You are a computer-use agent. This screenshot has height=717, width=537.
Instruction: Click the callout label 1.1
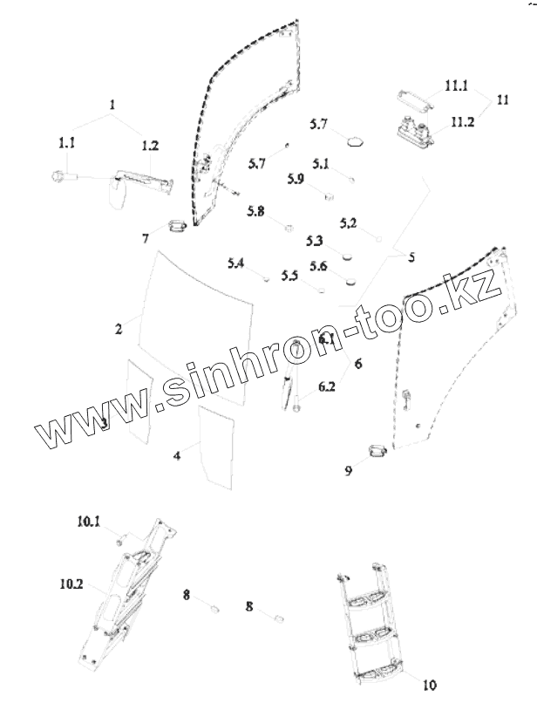click(x=66, y=143)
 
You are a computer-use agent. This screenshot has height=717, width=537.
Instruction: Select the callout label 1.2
click(x=150, y=146)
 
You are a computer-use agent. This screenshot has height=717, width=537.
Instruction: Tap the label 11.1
click(x=456, y=85)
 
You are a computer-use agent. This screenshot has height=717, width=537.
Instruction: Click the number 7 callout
click(x=146, y=237)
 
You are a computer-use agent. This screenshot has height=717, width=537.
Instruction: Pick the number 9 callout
click(x=348, y=470)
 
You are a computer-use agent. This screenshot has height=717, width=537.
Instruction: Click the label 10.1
click(x=88, y=522)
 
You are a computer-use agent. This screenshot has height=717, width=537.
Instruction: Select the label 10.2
click(x=71, y=586)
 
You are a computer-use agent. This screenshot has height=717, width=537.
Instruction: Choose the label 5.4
click(x=235, y=263)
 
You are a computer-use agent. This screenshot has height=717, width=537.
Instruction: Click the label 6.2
click(x=327, y=386)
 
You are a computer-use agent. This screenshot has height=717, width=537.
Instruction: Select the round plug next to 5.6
click(x=352, y=281)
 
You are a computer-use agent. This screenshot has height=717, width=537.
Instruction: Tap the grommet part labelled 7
click(x=177, y=226)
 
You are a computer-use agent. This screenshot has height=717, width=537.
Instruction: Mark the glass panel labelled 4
click(x=214, y=446)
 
